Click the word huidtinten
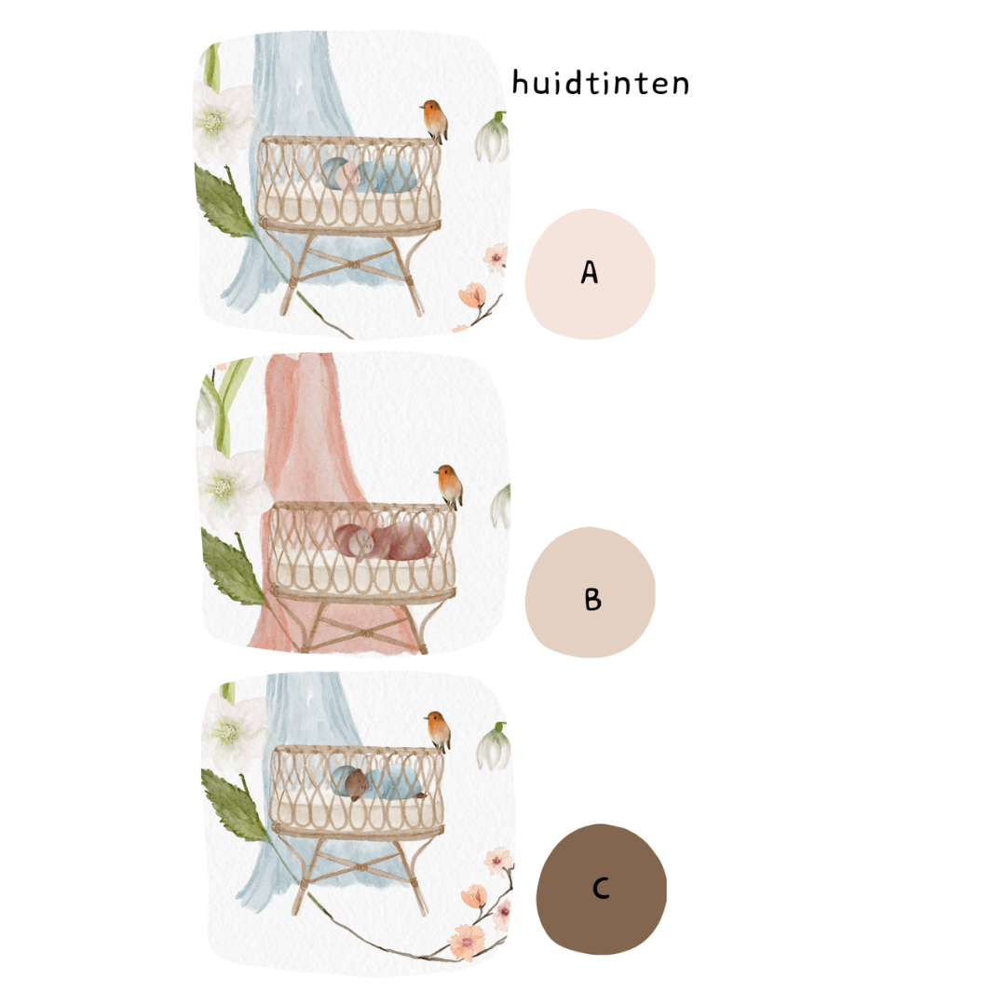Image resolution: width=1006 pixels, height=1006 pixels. (x=601, y=84)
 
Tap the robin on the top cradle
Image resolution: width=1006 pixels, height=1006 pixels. (x=432, y=120)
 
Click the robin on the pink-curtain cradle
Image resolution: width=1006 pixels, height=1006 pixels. (x=449, y=485)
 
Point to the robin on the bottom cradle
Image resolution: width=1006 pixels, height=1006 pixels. (x=438, y=730)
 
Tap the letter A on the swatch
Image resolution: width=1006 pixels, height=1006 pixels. (x=589, y=272)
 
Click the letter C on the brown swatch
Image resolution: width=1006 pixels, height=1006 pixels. (x=601, y=889)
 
